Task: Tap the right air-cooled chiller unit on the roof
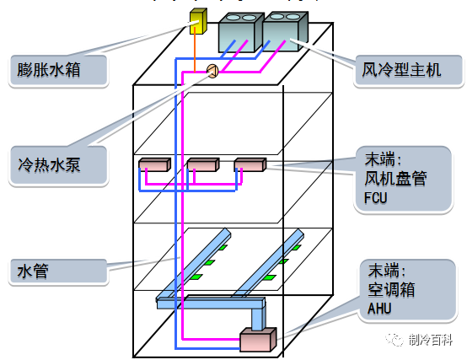(x=285, y=32)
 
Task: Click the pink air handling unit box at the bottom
(x=257, y=341)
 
